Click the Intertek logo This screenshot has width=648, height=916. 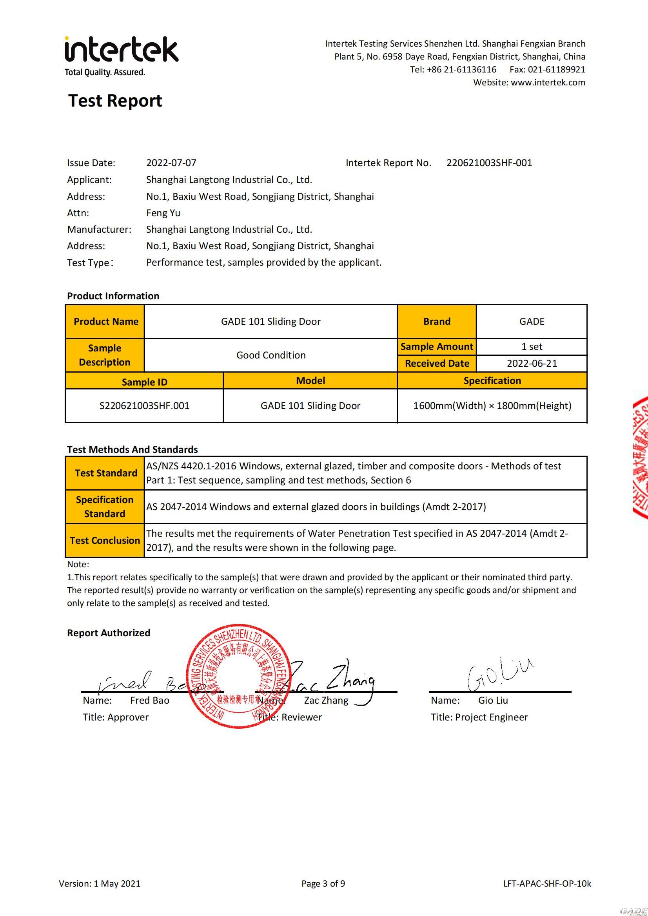(122, 51)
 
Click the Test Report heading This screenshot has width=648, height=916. (115, 101)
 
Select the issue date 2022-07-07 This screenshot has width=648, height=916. (171, 163)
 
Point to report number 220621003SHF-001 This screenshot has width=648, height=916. (489, 163)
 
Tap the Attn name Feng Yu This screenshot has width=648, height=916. (163, 213)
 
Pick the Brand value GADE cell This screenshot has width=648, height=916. (532, 322)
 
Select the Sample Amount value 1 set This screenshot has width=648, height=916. (532, 347)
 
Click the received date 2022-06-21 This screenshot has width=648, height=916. (532, 364)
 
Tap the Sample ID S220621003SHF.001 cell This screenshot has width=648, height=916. (144, 406)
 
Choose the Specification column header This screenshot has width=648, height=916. (492, 380)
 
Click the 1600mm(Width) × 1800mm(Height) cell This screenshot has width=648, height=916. (492, 406)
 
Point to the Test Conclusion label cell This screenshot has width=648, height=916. (105, 541)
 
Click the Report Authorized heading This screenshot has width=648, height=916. (109, 633)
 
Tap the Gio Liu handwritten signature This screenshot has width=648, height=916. (499, 675)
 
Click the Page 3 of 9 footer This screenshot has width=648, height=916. (323, 884)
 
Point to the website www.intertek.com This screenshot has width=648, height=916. (548, 83)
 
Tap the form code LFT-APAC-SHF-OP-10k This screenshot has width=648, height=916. (547, 884)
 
